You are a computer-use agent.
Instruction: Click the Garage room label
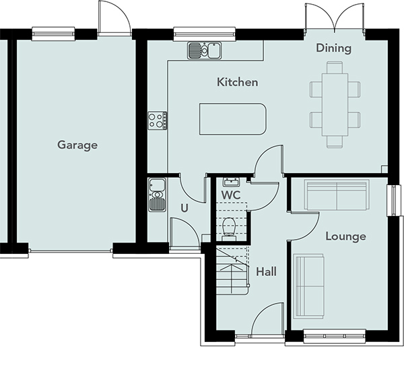point(77,145)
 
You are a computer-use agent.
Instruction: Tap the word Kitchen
point(237,82)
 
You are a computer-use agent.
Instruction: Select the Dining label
point(334,48)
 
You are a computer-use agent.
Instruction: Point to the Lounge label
point(346,236)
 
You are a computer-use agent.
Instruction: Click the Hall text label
point(267,272)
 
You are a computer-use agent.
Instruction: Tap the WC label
point(231,195)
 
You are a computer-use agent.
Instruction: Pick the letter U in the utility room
point(184,208)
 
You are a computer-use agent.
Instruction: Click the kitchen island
point(233,119)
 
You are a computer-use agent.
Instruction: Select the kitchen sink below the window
point(205,50)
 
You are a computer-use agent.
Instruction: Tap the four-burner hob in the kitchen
point(158,121)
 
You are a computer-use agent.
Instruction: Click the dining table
point(335,104)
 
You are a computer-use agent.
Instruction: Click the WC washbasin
point(232,182)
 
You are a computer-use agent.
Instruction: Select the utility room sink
point(157,195)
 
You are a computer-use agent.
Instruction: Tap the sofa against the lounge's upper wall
point(337,195)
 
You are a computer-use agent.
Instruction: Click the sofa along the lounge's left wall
point(308,286)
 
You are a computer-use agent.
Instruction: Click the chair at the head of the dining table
point(335,67)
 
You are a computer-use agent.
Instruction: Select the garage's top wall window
point(53,34)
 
